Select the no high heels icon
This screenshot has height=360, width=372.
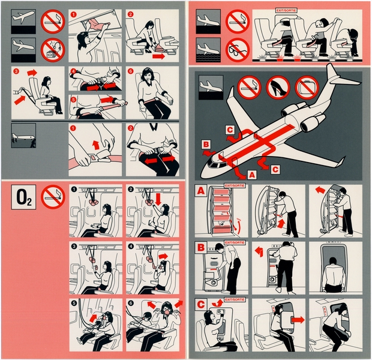277,88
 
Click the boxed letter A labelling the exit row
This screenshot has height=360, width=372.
201,191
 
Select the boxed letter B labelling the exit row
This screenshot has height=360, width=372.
201,247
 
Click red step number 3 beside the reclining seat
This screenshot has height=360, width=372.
16,71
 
